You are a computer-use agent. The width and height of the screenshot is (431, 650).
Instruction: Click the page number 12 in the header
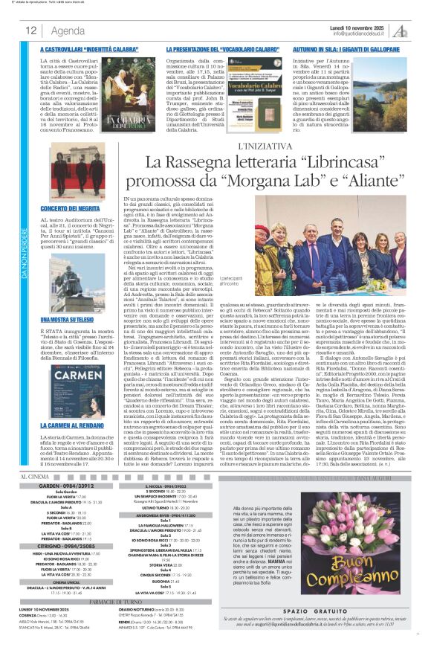(x=31, y=30)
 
